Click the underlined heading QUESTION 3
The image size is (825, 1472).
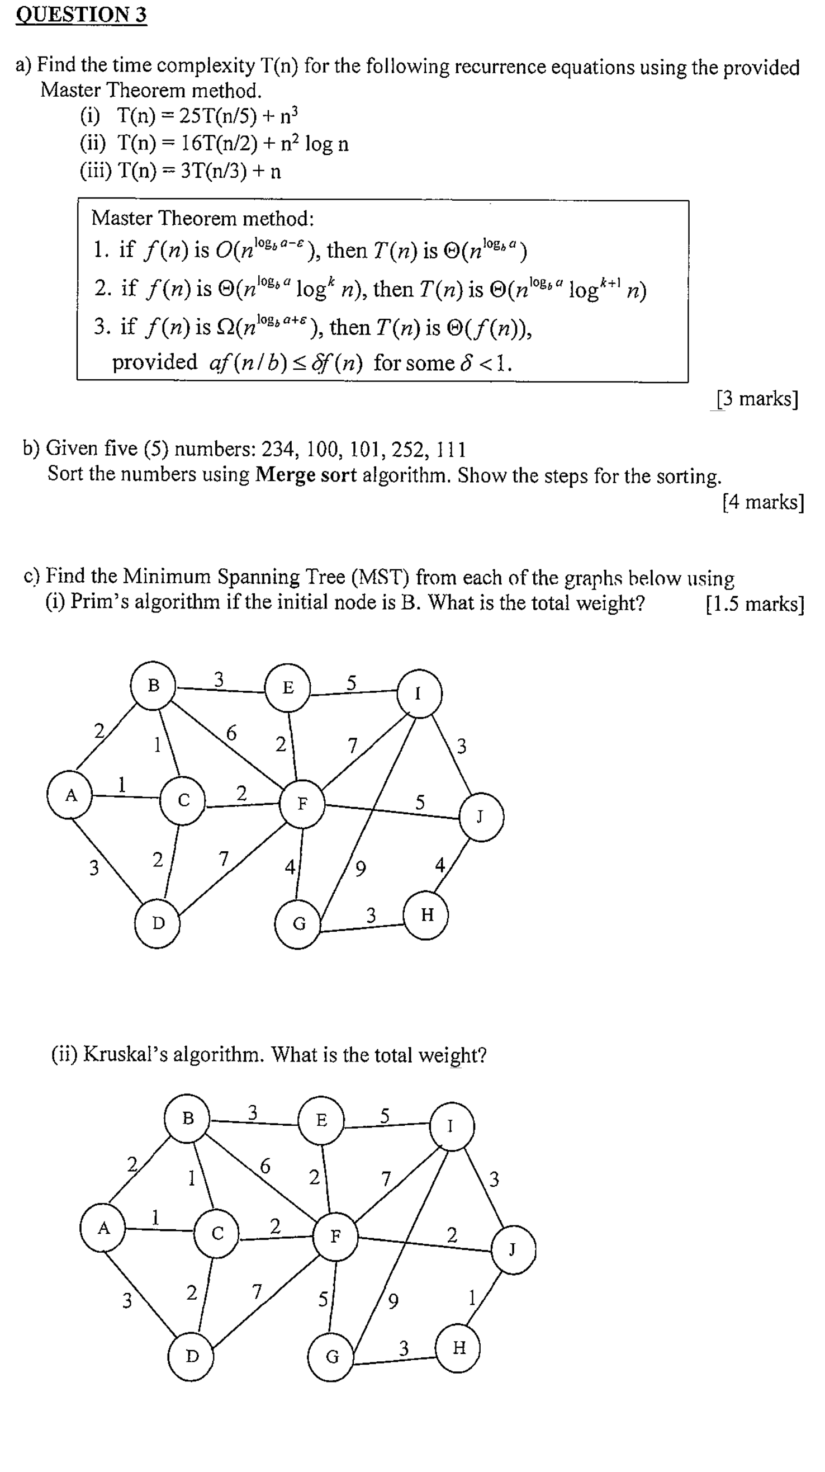click(x=81, y=15)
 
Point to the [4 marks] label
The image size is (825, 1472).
click(x=763, y=502)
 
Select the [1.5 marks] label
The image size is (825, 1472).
click(x=755, y=604)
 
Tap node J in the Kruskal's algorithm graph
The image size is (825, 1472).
click(x=513, y=1251)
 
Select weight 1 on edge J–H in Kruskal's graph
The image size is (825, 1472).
click(x=472, y=1298)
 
